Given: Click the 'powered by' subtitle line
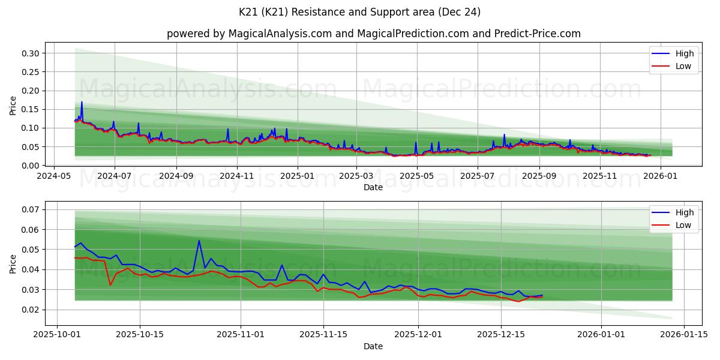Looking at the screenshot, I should (x=373, y=34).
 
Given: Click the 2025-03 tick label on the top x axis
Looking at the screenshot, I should (x=356, y=176).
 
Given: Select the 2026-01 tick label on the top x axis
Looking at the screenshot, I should (x=661, y=176).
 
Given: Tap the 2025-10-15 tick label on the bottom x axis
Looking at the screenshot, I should (x=140, y=335).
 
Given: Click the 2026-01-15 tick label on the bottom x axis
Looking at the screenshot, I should (x=684, y=335).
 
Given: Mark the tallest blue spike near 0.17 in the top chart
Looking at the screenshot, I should (x=82, y=102).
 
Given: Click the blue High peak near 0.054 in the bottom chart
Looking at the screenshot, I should (x=199, y=241).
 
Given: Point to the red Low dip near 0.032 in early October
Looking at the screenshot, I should (x=110, y=284).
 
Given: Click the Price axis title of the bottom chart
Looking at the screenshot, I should (x=13, y=263).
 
